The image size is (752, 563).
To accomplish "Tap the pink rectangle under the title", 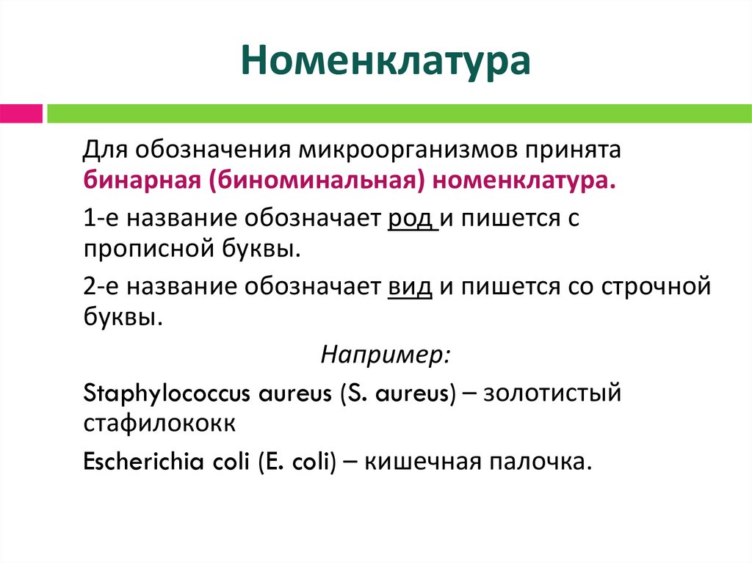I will click(21, 114).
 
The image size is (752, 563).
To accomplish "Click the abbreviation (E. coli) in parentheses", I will click(296, 462).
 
